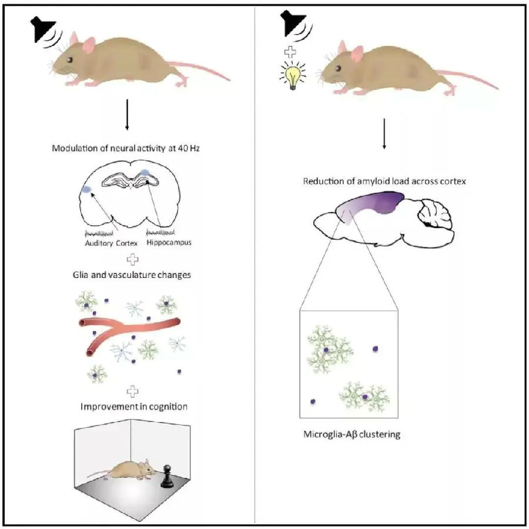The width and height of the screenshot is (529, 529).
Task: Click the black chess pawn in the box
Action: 165,475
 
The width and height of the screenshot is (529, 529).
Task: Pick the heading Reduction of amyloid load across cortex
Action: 384,181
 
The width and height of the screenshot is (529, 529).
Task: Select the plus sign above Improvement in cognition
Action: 135,390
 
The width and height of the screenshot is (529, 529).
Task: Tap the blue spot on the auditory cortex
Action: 86,190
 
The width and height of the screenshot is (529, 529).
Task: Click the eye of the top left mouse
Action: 70,59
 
